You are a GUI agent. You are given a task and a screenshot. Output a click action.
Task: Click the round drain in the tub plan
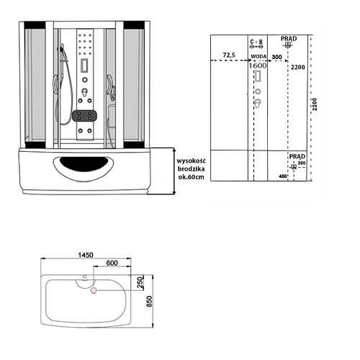tap(92, 291)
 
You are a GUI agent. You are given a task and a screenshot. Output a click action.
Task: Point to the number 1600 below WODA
tap(258, 66)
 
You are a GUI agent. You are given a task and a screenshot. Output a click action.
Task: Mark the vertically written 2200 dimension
tap(315, 108)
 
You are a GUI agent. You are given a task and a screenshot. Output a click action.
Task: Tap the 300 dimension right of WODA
tap(276, 55)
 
